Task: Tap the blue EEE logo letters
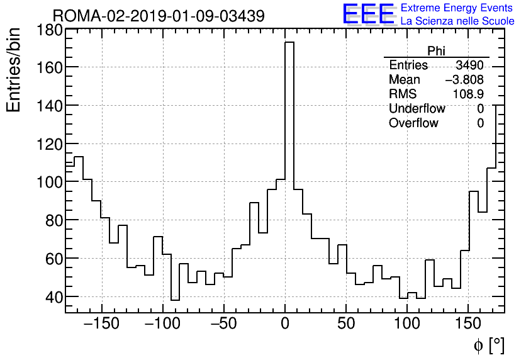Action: [369, 14]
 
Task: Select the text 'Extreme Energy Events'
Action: [457, 8]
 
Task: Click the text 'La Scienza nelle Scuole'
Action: [457, 21]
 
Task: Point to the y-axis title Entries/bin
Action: [14, 69]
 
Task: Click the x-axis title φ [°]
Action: [488, 345]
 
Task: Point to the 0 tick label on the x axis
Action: [285, 325]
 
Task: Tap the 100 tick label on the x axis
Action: [408, 325]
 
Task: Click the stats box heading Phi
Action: [436, 52]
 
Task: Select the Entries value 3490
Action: [470, 65]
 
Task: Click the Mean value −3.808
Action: [464, 80]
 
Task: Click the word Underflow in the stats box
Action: [417, 109]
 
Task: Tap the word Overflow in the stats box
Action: [413, 123]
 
